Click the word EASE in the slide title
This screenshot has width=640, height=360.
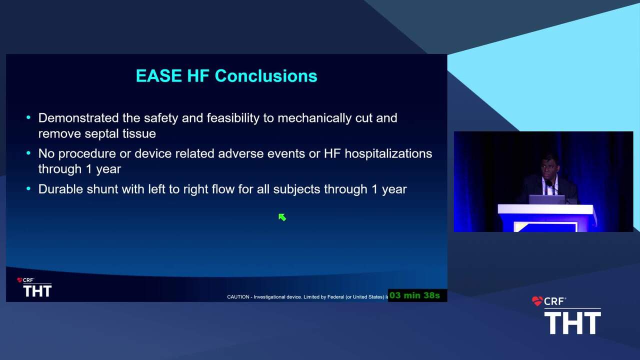tap(158, 76)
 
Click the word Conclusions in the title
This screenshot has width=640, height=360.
tap(266, 76)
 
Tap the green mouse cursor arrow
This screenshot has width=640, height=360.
tap(282, 217)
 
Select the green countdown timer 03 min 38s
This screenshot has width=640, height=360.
tap(414, 295)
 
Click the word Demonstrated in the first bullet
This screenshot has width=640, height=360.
tap(78, 118)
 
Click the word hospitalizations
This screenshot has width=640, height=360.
tap(388, 153)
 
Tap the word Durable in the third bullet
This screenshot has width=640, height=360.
tap(60, 189)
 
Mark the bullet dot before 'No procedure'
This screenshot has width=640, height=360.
tap(28, 153)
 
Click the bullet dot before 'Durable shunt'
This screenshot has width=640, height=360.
tap(28, 188)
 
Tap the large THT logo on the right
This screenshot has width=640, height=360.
tap(572, 323)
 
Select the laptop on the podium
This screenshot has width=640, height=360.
tap(547, 199)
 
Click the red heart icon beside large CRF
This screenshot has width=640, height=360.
tap(537, 301)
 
